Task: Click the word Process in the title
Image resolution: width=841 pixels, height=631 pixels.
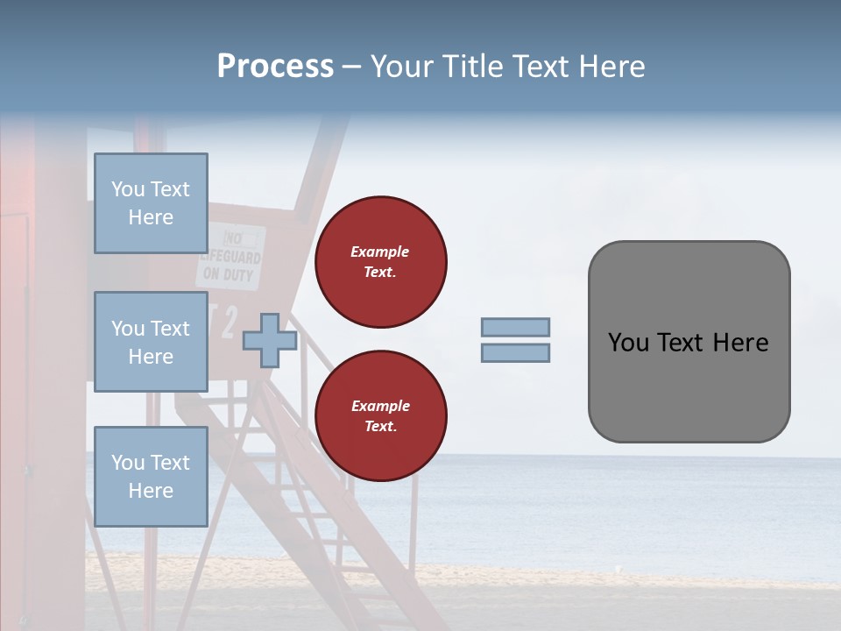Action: tap(275, 67)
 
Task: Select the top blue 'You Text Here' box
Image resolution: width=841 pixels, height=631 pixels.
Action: tap(151, 203)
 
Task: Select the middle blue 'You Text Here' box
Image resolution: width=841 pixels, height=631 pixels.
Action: tap(151, 342)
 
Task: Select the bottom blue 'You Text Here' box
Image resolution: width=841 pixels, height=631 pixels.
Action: tap(151, 476)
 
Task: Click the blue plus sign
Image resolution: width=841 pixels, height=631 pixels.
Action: tap(270, 340)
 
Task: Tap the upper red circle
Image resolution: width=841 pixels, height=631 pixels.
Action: tap(380, 262)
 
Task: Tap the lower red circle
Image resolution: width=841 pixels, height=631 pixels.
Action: tap(380, 416)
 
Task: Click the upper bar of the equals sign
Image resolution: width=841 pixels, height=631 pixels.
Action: tap(515, 328)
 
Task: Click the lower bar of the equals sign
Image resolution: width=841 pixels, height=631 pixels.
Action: tap(515, 352)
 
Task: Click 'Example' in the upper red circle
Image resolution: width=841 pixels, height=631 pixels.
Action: tap(380, 252)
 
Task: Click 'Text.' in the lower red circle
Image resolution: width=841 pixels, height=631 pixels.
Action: tap(380, 427)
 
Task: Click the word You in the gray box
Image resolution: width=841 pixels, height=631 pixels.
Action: tap(627, 343)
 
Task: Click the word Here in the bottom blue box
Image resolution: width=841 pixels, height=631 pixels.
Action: tap(151, 491)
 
